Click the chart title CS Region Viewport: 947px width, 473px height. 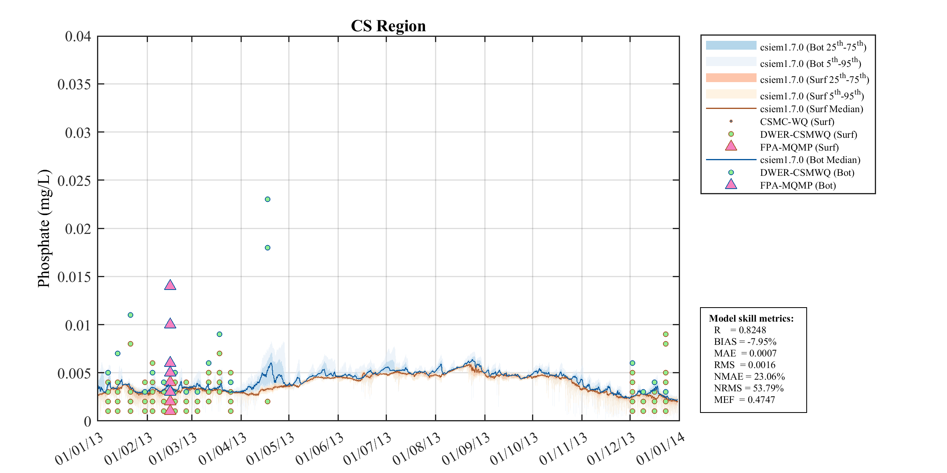(x=388, y=26)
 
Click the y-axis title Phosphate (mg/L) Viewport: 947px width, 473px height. (x=44, y=228)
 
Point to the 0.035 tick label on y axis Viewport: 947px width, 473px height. (x=74, y=85)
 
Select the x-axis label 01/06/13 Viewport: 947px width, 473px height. (x=320, y=449)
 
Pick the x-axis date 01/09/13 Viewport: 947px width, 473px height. (x=466, y=449)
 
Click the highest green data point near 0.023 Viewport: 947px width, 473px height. (x=267, y=199)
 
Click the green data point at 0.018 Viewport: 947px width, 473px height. (x=267, y=248)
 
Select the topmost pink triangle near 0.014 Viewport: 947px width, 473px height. (x=170, y=285)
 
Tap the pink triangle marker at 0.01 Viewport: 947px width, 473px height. (x=170, y=324)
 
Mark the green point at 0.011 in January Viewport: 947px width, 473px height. (x=130, y=315)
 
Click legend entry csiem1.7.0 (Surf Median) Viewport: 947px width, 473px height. (x=811, y=109)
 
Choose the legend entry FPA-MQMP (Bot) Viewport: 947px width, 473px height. (x=797, y=185)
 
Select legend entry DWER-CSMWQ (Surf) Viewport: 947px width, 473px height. (x=808, y=135)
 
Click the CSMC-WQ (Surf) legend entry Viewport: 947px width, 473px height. (x=797, y=122)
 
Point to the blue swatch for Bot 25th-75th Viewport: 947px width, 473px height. (x=731, y=45)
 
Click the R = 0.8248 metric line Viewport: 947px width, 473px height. (x=740, y=330)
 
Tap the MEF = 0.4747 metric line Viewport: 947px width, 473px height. (x=744, y=400)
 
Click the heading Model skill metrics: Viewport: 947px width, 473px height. (x=751, y=318)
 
